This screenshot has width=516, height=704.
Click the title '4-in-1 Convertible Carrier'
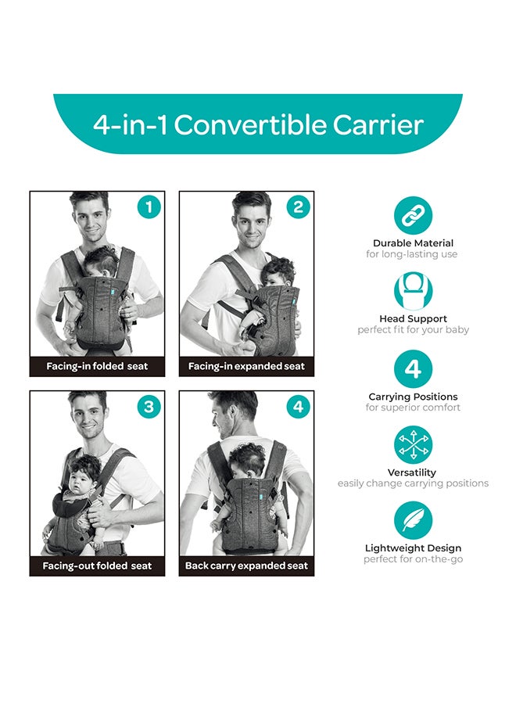click(258, 125)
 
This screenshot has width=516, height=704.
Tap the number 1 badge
click(149, 207)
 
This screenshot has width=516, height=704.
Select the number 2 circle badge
click(298, 207)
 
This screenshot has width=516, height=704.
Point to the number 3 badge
click(149, 407)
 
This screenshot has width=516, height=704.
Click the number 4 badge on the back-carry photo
click(298, 407)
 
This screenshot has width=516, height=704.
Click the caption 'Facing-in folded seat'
click(97, 366)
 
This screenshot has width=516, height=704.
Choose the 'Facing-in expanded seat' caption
click(246, 366)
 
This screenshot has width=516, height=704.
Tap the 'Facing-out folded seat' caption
click(97, 566)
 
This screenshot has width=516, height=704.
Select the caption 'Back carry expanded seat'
click(246, 566)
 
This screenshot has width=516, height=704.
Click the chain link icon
click(413, 215)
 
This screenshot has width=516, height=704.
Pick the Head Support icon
click(413, 291)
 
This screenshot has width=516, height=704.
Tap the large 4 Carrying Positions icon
click(413, 369)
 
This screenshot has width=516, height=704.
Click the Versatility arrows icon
click(413, 445)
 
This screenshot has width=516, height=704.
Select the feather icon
click(413, 521)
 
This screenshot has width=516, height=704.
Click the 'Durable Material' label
click(413, 243)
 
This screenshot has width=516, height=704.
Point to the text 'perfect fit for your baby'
click(413, 330)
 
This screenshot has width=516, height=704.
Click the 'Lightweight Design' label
click(413, 548)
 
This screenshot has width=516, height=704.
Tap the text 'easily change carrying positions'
click(413, 483)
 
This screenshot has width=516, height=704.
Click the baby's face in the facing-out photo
click(81, 480)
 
